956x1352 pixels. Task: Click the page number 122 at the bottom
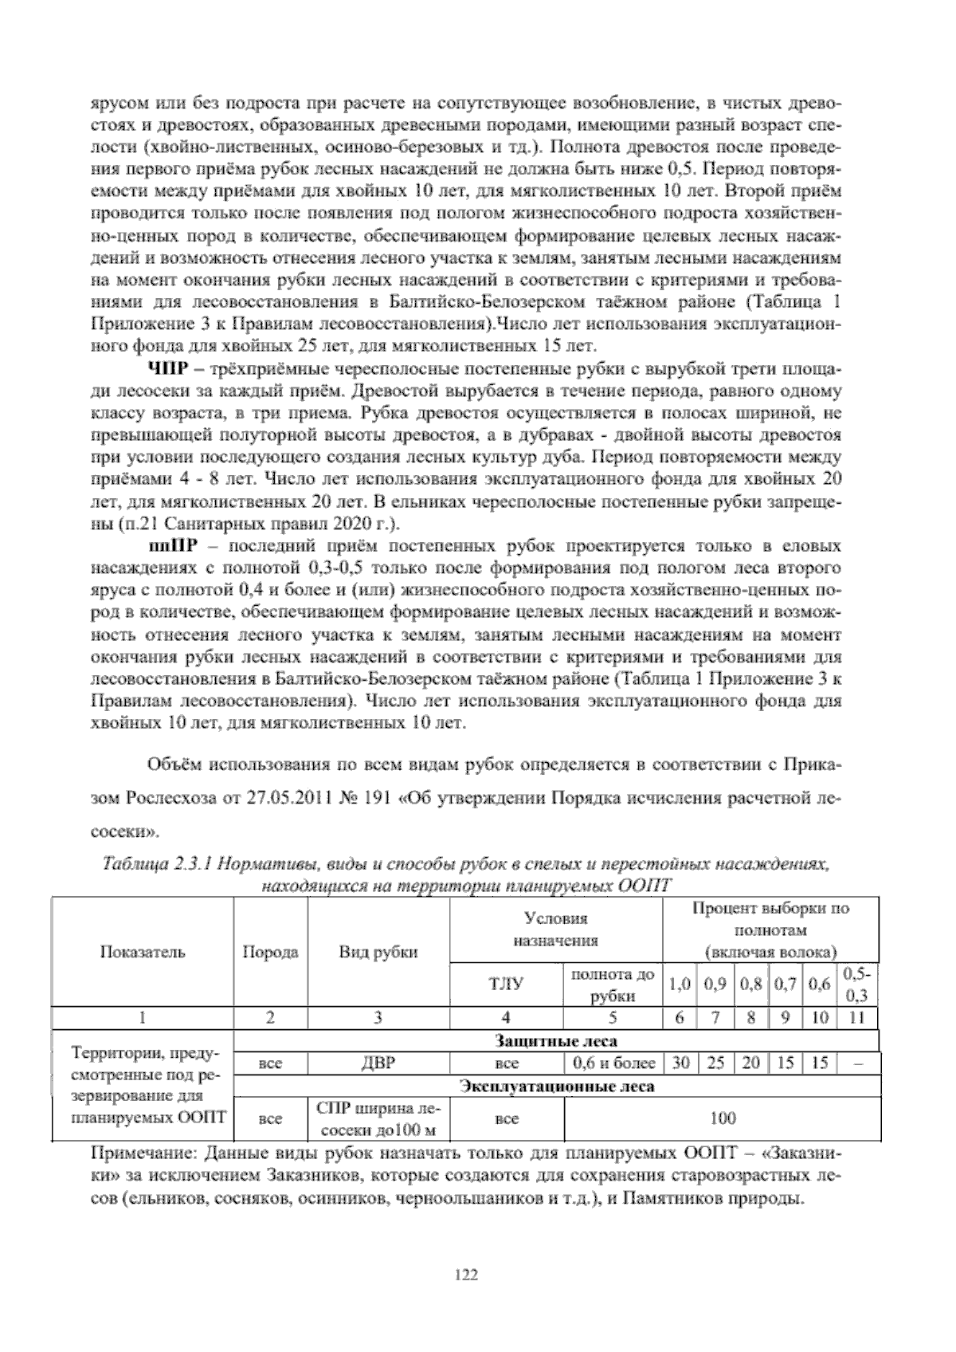465,1275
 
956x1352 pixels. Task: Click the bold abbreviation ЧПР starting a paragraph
165,369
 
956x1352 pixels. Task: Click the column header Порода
270,952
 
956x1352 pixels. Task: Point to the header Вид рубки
378,952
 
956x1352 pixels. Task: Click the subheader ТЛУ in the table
506,985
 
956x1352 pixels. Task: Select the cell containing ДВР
378,1063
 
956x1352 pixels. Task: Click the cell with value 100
722,1118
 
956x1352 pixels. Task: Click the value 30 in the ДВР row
680,1063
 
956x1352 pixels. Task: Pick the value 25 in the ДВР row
715,1063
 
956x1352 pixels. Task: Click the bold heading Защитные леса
556,1041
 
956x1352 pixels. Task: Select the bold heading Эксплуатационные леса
558,1087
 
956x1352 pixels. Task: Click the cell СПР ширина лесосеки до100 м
378,1118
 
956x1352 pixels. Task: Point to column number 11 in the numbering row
856,1017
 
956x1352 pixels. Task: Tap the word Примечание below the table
141,1154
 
